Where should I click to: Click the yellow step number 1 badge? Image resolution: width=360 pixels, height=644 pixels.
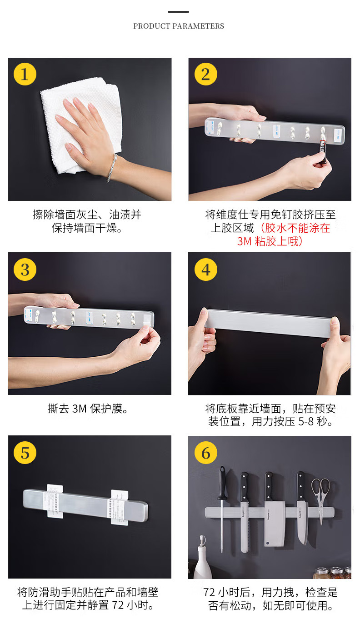point(25,74)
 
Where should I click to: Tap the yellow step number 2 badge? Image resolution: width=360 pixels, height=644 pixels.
point(206,74)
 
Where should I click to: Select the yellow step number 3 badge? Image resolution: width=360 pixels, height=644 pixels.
point(25,270)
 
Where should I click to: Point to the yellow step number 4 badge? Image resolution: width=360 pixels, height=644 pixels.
point(206,270)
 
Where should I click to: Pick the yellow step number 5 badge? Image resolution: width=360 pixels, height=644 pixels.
point(25,453)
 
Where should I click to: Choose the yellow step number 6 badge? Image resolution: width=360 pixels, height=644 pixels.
point(206,453)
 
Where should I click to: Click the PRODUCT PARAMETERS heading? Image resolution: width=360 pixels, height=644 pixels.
point(179,26)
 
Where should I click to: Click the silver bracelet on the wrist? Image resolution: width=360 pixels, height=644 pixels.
point(112,168)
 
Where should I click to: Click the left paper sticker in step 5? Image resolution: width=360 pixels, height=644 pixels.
point(55,502)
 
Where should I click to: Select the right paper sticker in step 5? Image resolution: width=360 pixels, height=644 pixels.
point(119,508)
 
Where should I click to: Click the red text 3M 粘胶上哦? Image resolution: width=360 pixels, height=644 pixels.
point(270,241)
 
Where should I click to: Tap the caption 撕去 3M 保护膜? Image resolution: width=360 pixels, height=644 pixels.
point(88,409)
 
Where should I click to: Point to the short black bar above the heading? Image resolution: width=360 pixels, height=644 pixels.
point(178,12)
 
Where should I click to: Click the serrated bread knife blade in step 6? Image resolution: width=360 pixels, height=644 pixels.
point(245,527)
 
